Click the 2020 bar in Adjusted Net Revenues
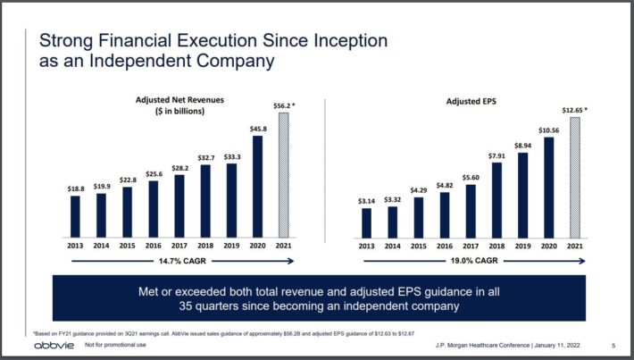point(257,187)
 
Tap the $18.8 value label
point(75,188)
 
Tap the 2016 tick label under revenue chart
point(154,246)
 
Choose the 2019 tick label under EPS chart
point(524,246)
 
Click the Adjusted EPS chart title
point(471,102)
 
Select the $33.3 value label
point(232,156)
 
